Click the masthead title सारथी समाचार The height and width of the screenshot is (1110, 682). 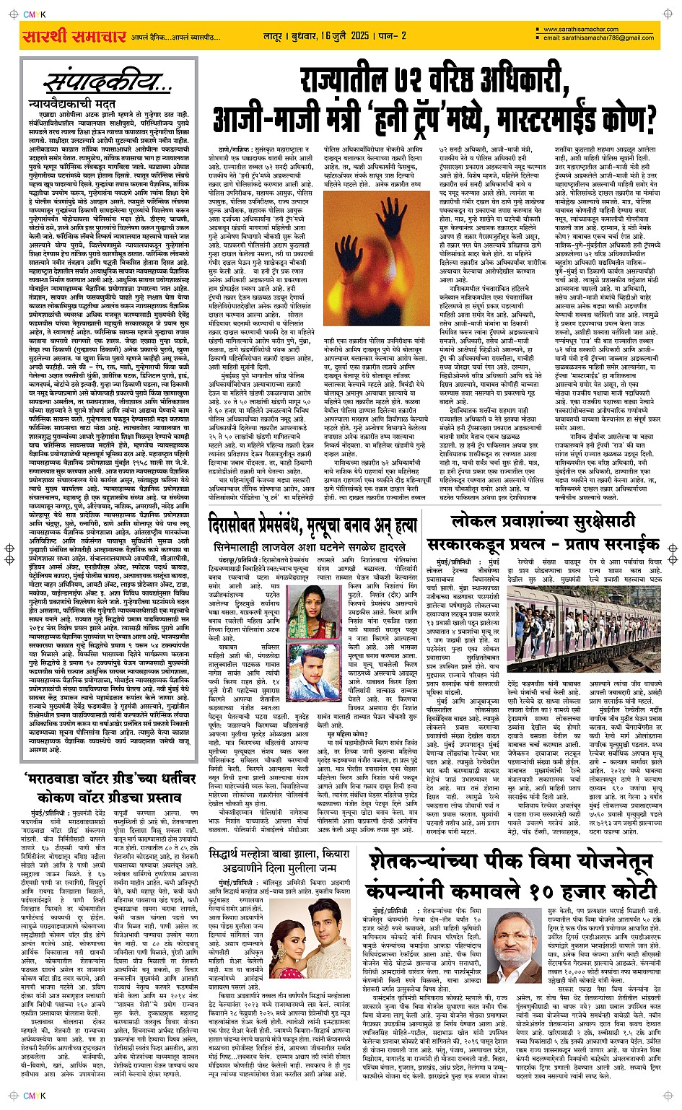[x=74, y=36]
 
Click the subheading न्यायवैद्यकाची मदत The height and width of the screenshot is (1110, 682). [x=71, y=105]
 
